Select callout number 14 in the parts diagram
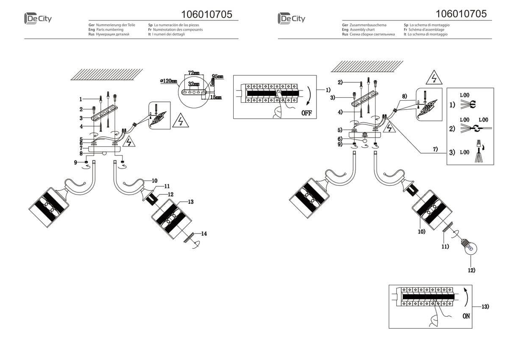click(204, 233)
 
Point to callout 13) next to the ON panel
click(485, 307)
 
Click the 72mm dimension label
click(194, 73)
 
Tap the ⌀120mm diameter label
click(168, 81)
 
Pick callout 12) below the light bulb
click(471, 270)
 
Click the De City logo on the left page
click(38, 19)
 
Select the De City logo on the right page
click(291, 19)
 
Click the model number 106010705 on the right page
click(461, 14)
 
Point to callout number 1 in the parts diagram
click(80, 99)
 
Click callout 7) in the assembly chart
click(435, 150)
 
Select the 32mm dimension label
click(193, 84)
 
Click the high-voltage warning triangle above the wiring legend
click(434, 78)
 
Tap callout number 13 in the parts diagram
click(190, 202)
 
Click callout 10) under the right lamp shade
click(421, 232)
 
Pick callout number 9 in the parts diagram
click(76, 162)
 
